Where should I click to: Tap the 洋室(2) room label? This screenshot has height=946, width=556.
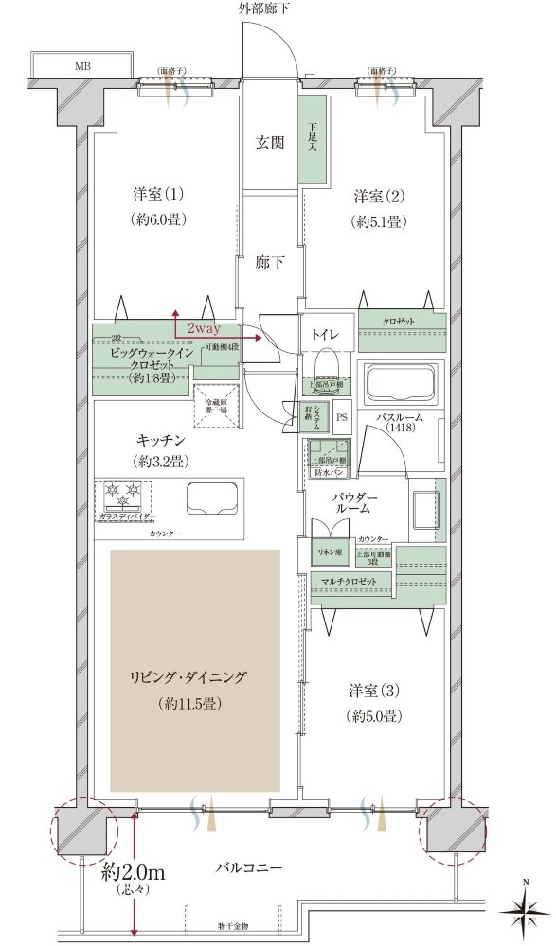point(380,196)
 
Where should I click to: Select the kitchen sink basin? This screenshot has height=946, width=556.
point(210,498)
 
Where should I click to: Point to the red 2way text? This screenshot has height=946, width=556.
point(204,327)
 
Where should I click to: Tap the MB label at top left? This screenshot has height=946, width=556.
point(84,67)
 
